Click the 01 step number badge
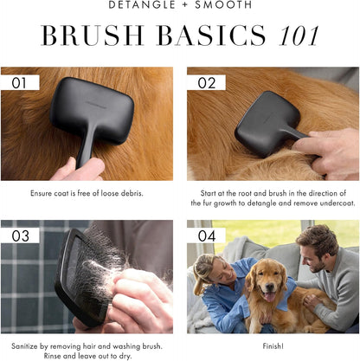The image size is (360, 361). pyautogui.click(x=18, y=83)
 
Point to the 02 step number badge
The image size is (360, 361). pyautogui.click(x=205, y=83)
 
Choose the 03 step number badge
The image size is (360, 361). pyautogui.click(x=18, y=235)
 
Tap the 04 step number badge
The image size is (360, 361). pyautogui.click(x=205, y=235)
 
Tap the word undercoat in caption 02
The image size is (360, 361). pyautogui.click(x=333, y=203)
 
